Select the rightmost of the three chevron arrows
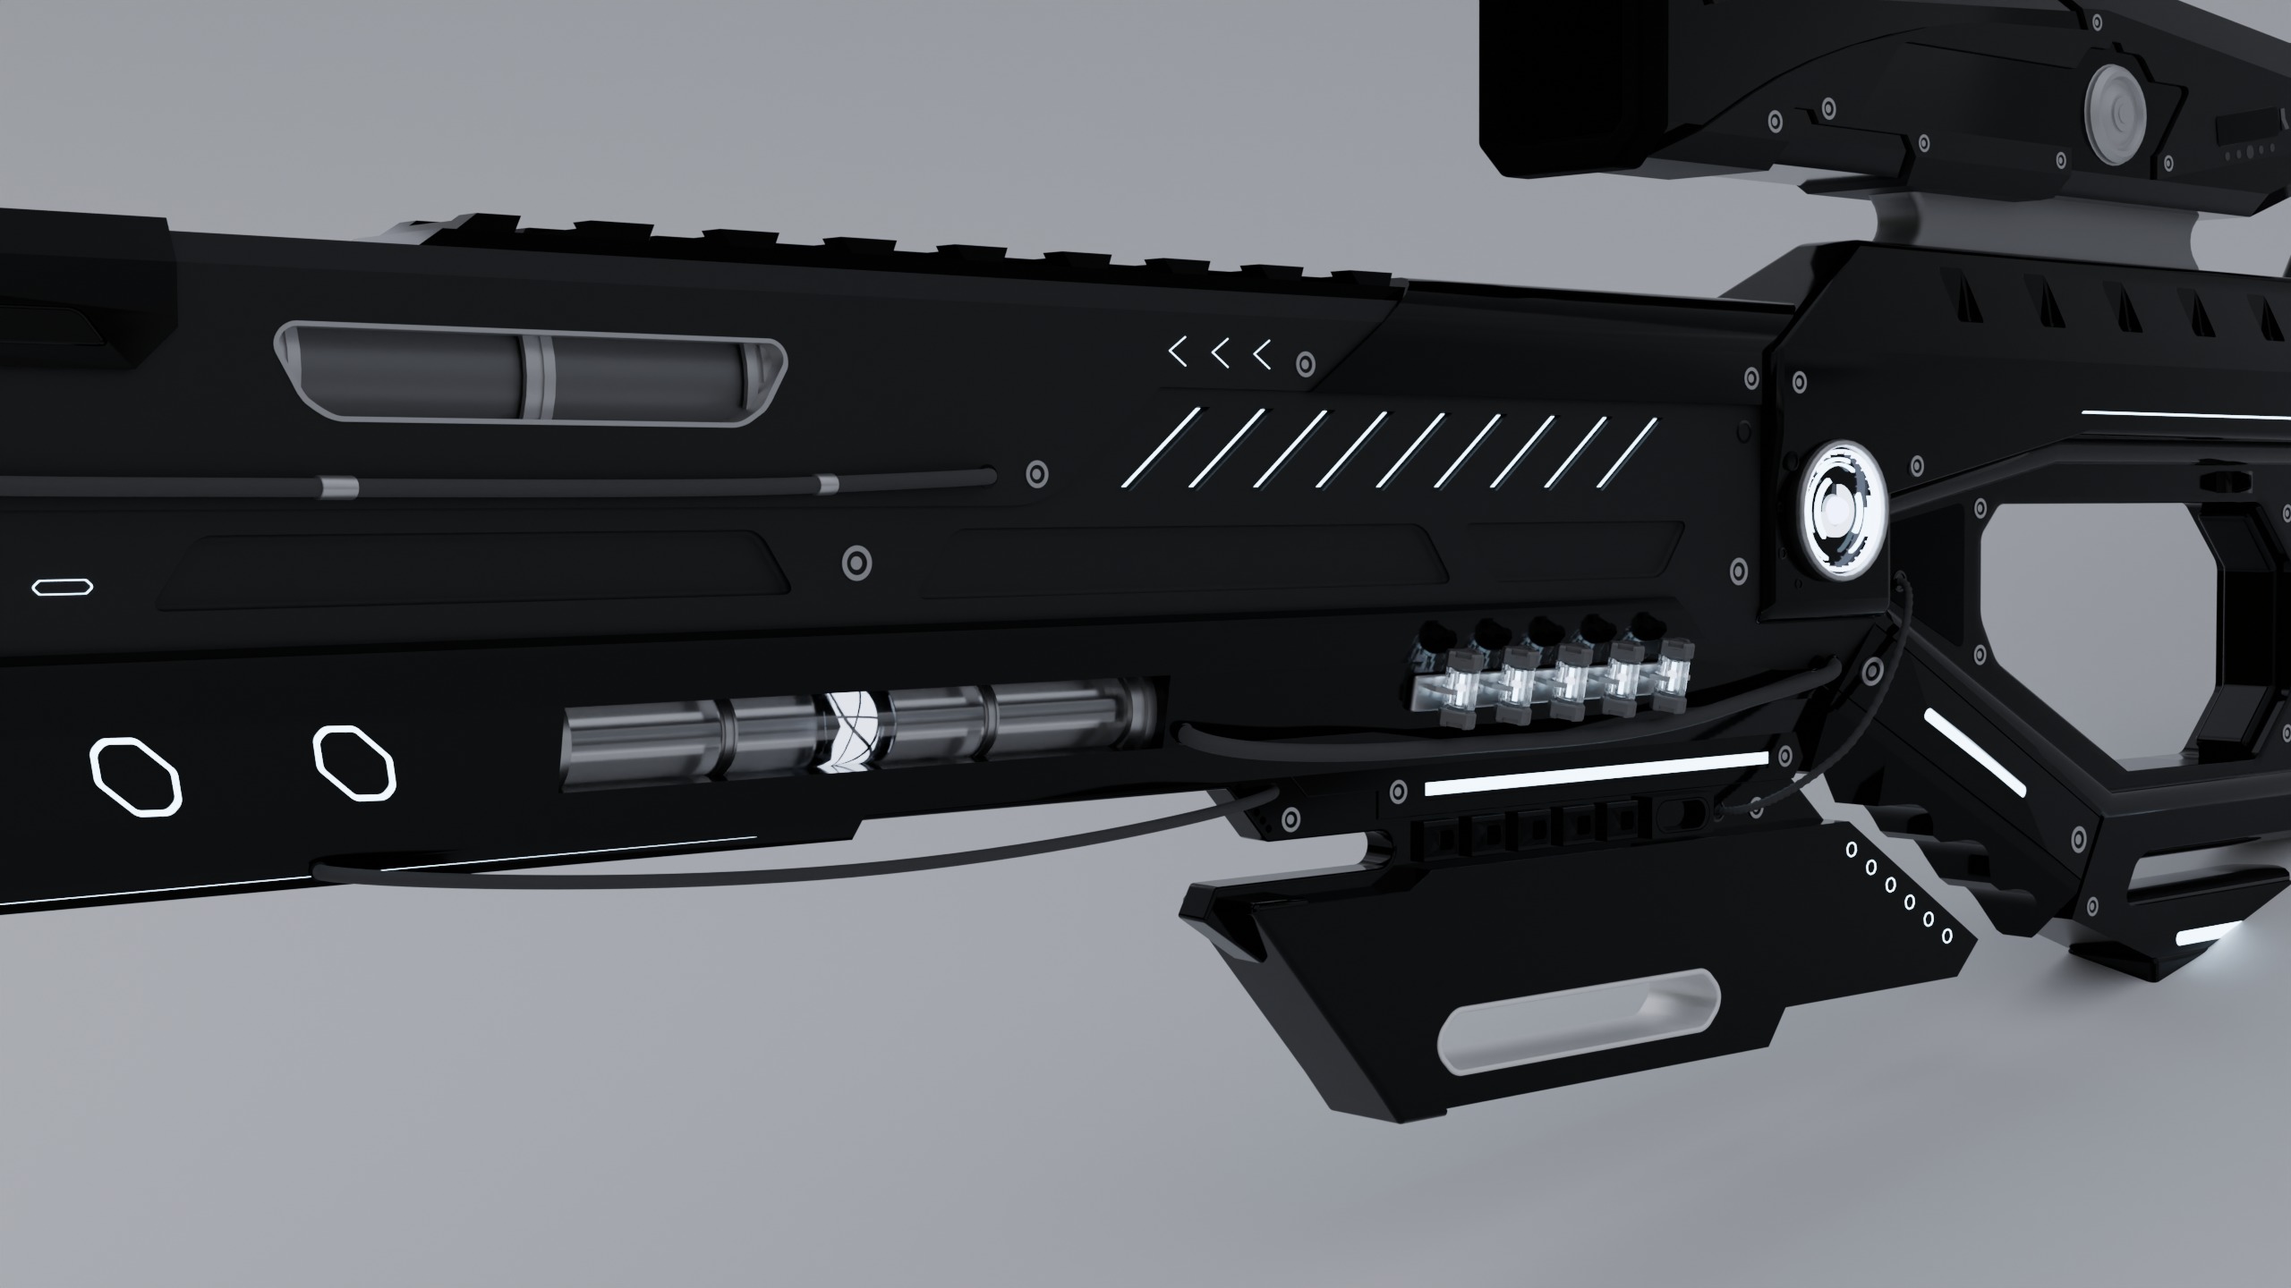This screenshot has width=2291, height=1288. [x=1263, y=355]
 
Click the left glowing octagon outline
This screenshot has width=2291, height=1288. [x=136, y=777]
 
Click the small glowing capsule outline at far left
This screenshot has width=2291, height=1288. [x=63, y=587]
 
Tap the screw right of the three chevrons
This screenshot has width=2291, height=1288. [x=1306, y=364]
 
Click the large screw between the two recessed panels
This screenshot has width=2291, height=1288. [x=857, y=563]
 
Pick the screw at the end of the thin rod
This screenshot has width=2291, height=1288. [x=1037, y=473]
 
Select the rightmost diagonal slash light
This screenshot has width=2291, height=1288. [x=1627, y=452]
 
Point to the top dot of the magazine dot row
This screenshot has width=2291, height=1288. [x=1844, y=850]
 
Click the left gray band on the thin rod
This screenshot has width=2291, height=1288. [x=339, y=487]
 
